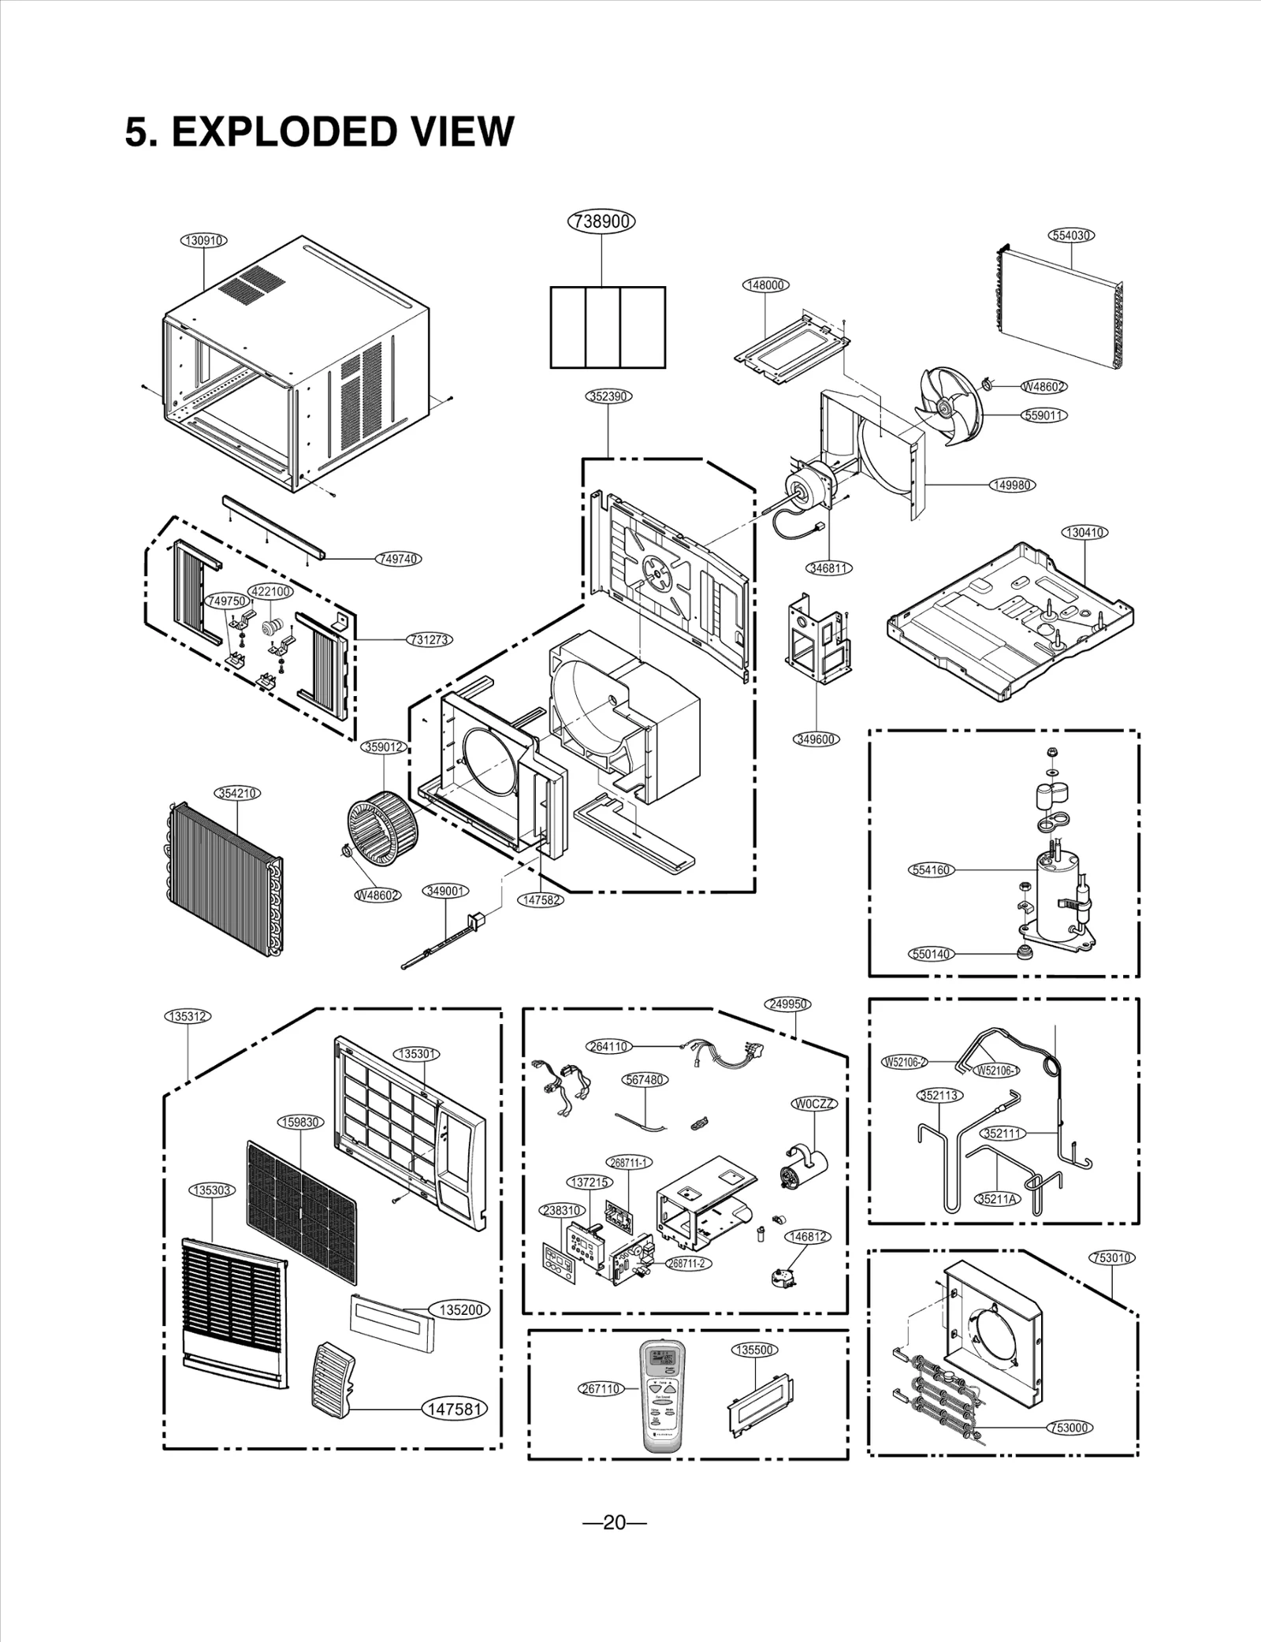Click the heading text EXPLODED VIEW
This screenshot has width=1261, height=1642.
319,132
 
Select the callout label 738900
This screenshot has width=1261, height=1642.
601,222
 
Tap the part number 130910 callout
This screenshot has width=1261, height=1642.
204,240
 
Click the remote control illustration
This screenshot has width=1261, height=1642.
663,1394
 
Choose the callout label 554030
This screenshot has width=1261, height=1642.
1072,235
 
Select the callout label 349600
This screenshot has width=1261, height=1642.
816,739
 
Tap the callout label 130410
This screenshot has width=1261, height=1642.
1085,532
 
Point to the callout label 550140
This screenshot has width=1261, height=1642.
932,954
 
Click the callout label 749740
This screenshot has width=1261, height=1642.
398,559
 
